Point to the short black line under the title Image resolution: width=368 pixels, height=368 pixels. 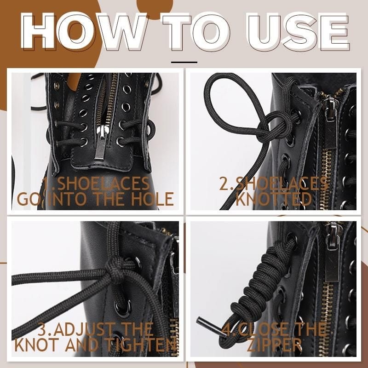(184, 62)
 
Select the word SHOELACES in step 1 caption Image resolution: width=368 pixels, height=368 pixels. (103, 183)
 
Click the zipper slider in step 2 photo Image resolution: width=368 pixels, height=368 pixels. (330, 108)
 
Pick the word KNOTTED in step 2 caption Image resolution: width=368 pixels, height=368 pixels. (274, 199)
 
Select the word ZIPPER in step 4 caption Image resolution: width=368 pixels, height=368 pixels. (274, 345)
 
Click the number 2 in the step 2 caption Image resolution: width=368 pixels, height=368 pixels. (224, 183)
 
